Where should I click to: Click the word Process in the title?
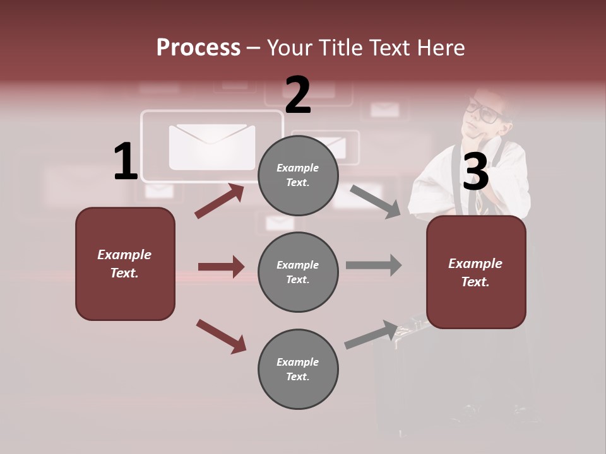point(198,48)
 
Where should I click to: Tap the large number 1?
point(126,162)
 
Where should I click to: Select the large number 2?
point(298,95)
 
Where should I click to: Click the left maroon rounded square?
point(125,264)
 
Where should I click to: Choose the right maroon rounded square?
point(476,272)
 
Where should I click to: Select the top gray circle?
point(298,175)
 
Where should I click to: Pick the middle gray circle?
point(298,272)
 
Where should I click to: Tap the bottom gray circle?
point(298,369)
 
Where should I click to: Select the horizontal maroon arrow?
point(221,267)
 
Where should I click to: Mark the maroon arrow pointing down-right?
point(221,336)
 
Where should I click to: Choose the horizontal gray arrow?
point(374,265)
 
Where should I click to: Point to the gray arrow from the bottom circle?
point(371,335)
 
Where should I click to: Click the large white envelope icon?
point(212,146)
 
